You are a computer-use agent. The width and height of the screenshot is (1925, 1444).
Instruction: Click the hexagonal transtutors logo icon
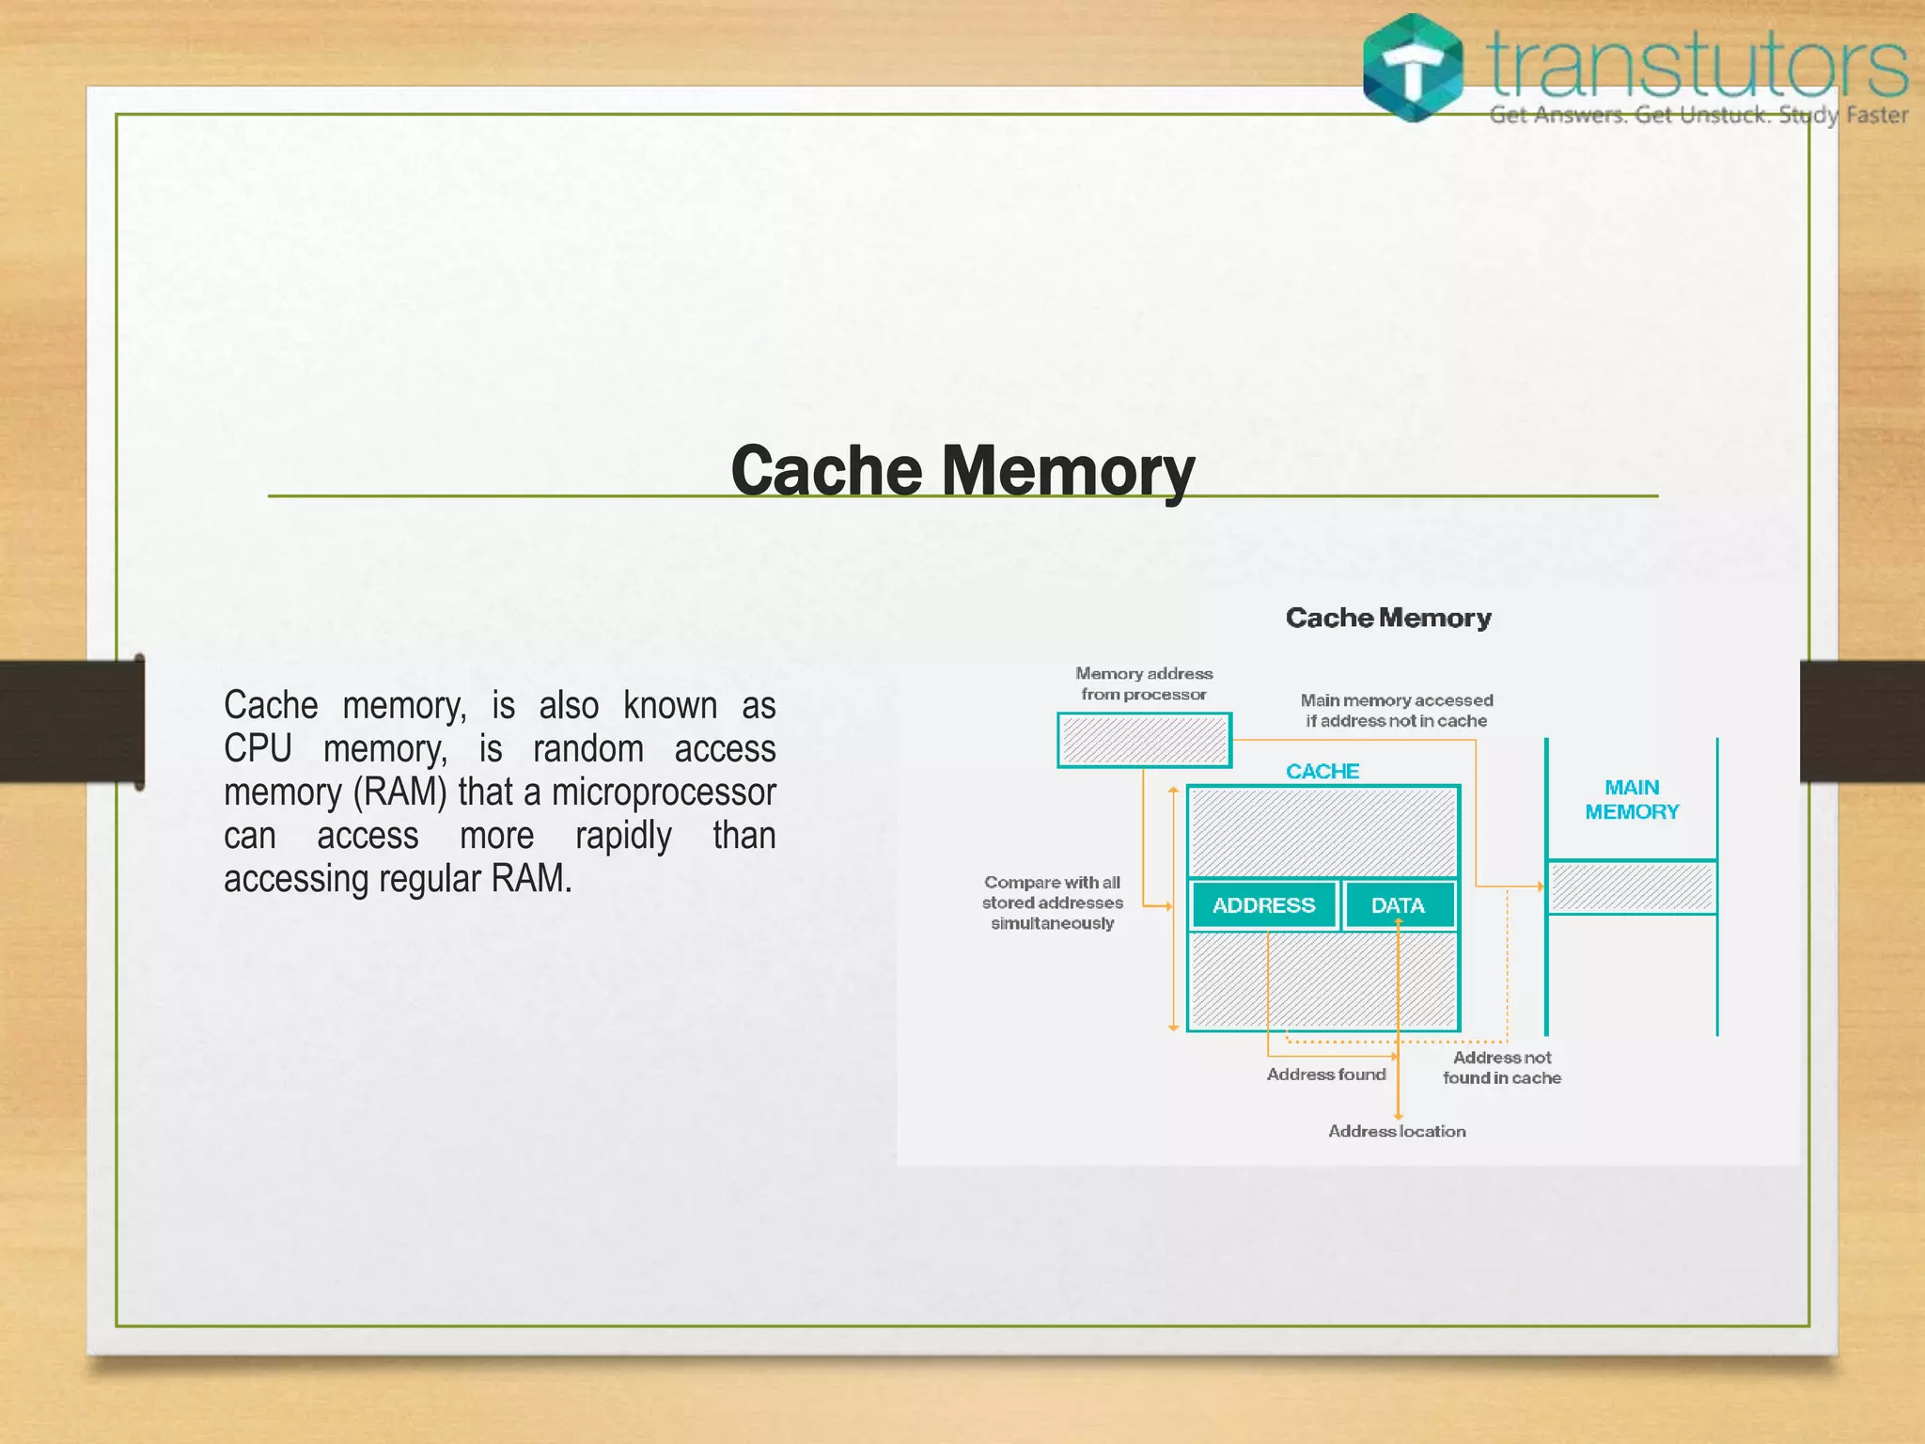(x=1413, y=68)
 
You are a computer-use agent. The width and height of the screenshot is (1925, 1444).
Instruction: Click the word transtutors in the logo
(x=1697, y=64)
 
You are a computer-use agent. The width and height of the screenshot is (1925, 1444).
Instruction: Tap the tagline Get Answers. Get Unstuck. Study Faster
(x=1698, y=116)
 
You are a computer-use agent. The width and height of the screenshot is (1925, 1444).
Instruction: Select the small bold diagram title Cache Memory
(x=1388, y=618)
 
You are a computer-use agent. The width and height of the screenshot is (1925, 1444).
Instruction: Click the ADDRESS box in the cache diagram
(x=1263, y=905)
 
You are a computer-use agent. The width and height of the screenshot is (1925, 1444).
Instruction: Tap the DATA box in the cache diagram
(x=1398, y=905)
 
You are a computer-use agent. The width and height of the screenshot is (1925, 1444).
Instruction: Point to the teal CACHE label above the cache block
(x=1322, y=771)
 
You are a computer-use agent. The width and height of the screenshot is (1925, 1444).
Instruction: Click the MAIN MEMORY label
(x=1632, y=799)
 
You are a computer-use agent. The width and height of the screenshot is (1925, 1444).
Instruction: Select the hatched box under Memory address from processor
(x=1144, y=740)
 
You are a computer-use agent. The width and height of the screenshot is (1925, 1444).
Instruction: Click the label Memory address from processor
(x=1144, y=683)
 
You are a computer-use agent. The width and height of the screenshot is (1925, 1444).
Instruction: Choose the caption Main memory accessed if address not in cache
(x=1396, y=710)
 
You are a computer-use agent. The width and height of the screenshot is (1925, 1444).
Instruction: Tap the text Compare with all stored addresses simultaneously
(x=1052, y=902)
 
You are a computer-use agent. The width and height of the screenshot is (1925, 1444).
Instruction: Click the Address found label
(x=1325, y=1074)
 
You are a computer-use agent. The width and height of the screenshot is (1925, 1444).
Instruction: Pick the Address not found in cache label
(x=1501, y=1067)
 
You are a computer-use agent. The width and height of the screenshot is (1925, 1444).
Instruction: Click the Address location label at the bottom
(x=1397, y=1131)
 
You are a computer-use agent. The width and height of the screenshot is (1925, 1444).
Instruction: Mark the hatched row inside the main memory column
(x=1632, y=887)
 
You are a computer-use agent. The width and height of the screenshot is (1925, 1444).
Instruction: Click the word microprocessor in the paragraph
(x=663, y=792)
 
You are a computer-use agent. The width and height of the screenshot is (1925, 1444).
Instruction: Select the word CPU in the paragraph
(x=257, y=748)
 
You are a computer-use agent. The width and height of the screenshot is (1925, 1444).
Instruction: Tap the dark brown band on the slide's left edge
(x=66, y=721)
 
